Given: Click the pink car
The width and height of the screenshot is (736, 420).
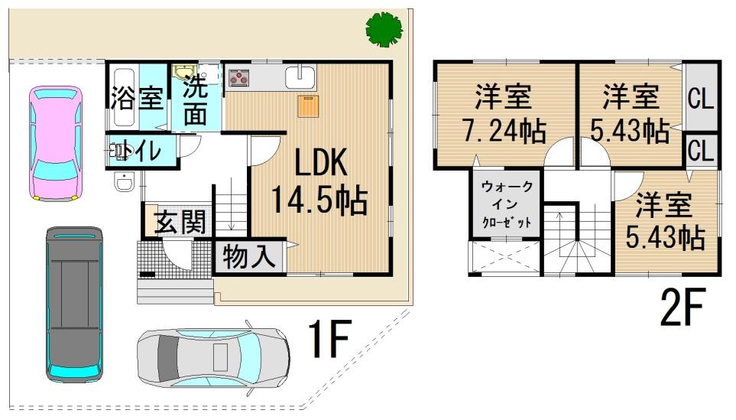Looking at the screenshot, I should pyautogui.click(x=55, y=143).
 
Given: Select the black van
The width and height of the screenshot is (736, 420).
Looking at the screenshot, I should pyautogui.click(x=74, y=303).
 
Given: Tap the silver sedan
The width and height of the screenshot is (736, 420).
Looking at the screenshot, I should pyautogui.click(x=213, y=356).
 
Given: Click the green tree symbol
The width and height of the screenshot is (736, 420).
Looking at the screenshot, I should pyautogui.click(x=384, y=29).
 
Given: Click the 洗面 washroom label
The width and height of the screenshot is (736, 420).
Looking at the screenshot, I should pyautogui.click(x=196, y=101).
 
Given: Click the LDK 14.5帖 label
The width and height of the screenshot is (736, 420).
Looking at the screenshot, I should pyautogui.click(x=319, y=183).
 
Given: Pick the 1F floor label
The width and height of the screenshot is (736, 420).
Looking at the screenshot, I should pyautogui.click(x=329, y=342).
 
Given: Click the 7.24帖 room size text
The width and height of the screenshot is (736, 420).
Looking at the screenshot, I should pyautogui.click(x=504, y=130).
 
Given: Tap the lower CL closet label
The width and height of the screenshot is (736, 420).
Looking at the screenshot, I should pyautogui.click(x=701, y=150).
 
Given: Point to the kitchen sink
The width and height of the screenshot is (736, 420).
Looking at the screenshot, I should pyautogui.click(x=300, y=77).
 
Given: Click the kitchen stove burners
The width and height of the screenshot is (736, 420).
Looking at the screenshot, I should pyautogui.click(x=240, y=77).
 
